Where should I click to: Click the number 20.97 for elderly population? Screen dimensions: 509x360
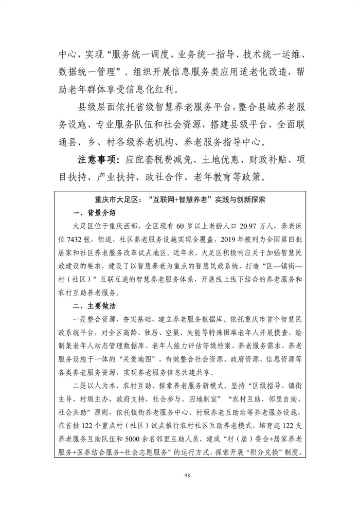pyautogui.click(x=220, y=226)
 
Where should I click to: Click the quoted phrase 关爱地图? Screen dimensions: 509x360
pyautogui.click(x=149, y=358)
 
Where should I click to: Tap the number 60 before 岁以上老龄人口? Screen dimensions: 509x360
pyautogui.click(x=180, y=226)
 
